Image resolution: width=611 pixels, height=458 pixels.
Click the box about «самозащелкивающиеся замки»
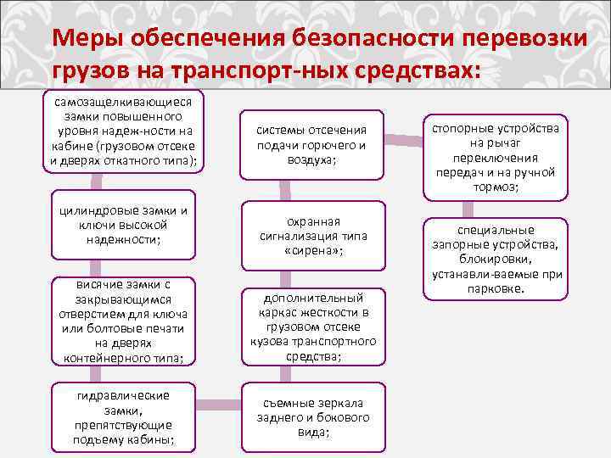125,131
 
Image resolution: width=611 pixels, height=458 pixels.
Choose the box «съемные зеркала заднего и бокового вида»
313,417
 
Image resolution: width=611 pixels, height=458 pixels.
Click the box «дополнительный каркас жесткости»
313,327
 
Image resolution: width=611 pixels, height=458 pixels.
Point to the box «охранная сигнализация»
313,233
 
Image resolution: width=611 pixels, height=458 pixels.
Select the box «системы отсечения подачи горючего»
313,145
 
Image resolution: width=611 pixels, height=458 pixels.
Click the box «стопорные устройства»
496,157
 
